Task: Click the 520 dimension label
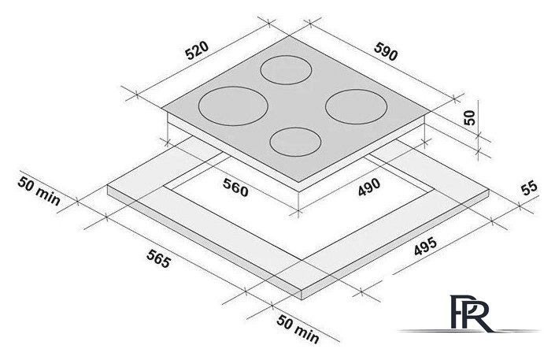197,50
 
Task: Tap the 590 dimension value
386,51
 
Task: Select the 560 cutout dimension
235,187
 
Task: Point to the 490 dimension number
369,187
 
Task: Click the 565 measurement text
158,258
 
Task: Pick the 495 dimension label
425,246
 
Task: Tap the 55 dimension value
529,187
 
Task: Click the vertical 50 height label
469,117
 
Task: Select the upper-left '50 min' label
39,191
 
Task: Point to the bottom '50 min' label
298,329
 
